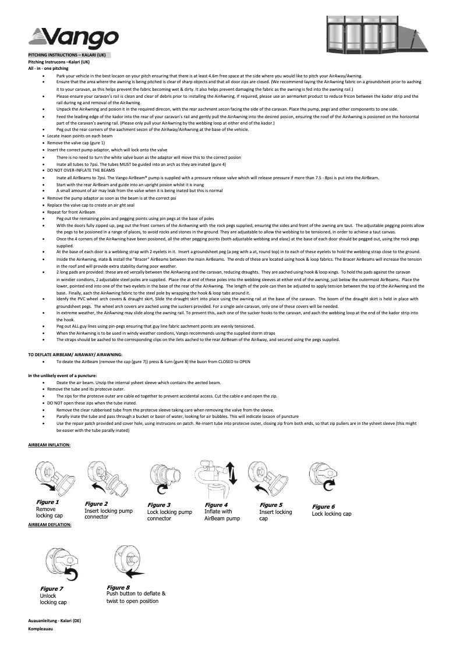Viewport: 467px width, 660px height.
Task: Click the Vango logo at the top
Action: pyautogui.click(x=73, y=38)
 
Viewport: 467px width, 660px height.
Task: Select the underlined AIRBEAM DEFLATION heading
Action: pyautogui.click(x=49, y=524)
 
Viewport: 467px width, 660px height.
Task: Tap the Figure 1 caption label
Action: pyautogui.click(x=47, y=502)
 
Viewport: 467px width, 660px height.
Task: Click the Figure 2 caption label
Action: pyautogui.click(x=96, y=504)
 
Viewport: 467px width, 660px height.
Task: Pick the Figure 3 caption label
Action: pyautogui.click(x=159, y=505)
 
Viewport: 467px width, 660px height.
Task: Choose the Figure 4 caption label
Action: pyautogui.click(x=216, y=505)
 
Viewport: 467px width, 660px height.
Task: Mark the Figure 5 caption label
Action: pyautogui.click(x=271, y=505)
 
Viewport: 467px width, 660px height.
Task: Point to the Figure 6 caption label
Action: pyautogui.click(x=323, y=507)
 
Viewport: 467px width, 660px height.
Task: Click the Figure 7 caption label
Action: pyautogui.click(x=51, y=589)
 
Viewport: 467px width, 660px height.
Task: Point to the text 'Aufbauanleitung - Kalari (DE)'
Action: pyautogui.click(x=55, y=620)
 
